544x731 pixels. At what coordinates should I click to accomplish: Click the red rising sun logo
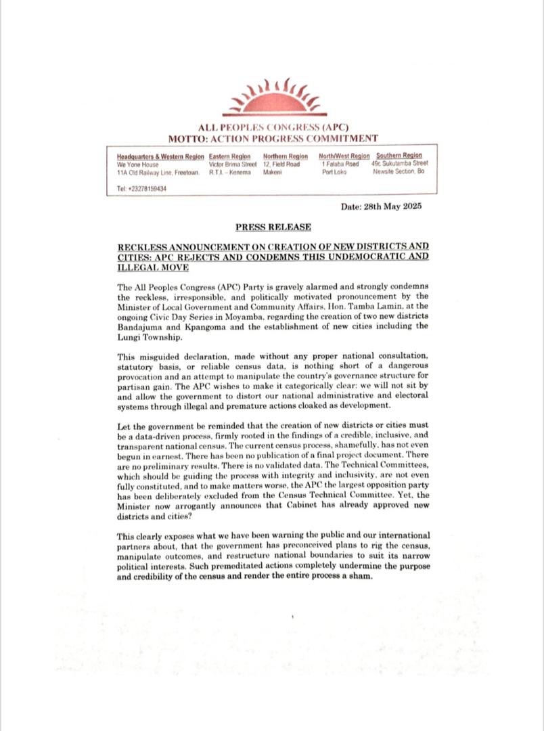click(274, 98)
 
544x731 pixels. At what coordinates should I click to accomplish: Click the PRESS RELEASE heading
click(273, 227)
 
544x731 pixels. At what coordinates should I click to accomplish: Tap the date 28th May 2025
click(382, 206)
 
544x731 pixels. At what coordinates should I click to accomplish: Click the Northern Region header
click(285, 156)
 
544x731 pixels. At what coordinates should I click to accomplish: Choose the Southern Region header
click(399, 156)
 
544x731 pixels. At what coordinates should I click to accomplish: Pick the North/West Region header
click(344, 156)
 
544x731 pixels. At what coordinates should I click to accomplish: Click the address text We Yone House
click(137, 164)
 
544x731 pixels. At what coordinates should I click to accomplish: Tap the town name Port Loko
click(334, 173)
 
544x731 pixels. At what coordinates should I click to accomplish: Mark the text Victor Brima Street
click(233, 164)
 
